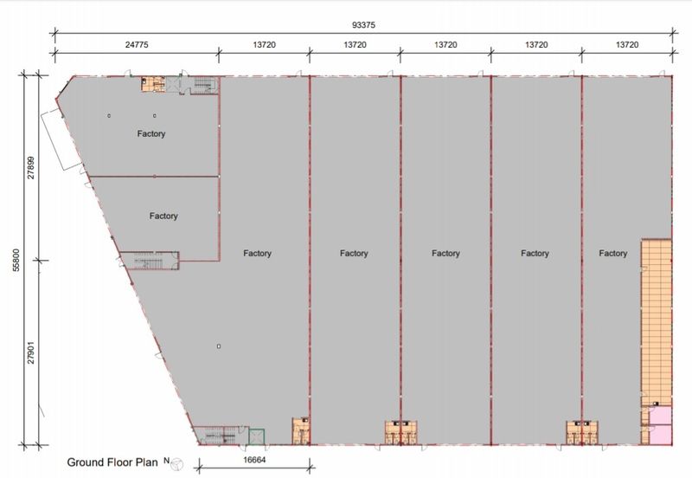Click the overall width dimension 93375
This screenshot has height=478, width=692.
point(363,25)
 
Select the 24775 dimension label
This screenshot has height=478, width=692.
point(137,45)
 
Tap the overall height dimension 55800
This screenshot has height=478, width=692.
point(16,260)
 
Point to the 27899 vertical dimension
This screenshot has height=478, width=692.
point(31,167)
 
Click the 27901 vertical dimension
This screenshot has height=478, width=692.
point(31,352)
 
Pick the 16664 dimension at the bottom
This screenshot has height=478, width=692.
point(254,460)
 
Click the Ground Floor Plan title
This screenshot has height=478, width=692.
point(112,462)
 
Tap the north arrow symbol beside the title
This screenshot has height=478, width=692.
point(177,464)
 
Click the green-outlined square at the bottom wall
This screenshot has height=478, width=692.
point(256,436)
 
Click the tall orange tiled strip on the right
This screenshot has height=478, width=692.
point(657,322)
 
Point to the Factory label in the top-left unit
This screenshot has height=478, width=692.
point(151,133)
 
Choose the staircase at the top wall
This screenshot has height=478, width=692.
point(203,84)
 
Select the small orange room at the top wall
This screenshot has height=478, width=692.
point(153,84)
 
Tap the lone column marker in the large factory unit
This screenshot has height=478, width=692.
point(219,346)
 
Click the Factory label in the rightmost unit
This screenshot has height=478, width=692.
point(613,253)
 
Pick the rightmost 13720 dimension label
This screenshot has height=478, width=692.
point(627,45)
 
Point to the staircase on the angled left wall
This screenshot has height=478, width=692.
point(150,261)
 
